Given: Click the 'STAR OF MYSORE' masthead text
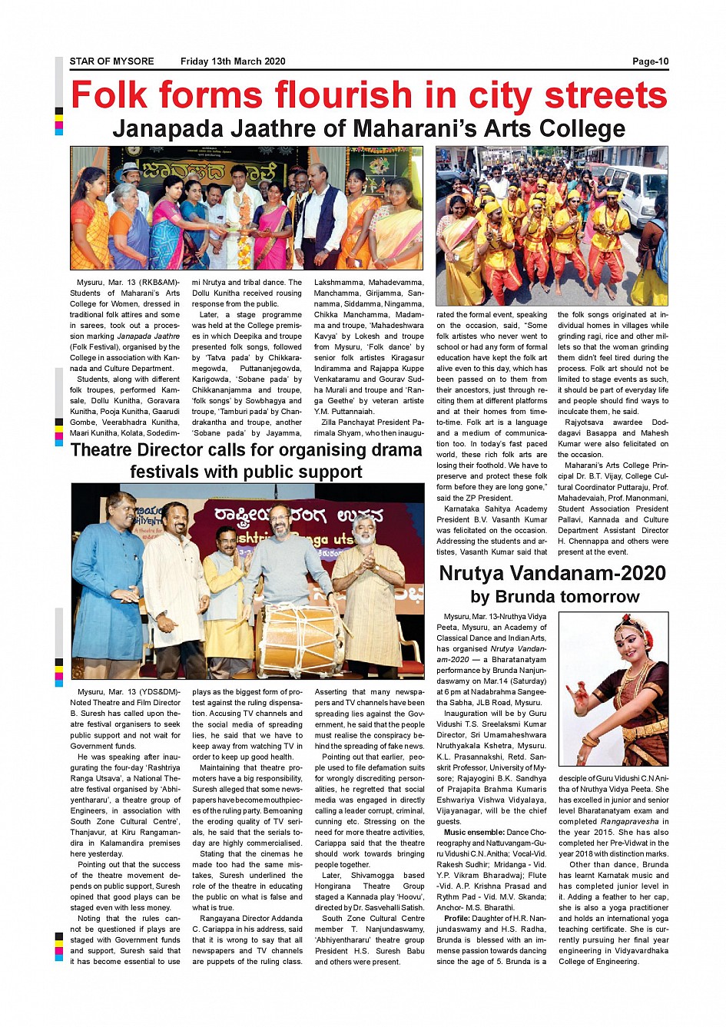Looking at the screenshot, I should [x=111, y=61].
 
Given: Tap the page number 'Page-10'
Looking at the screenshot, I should [x=650, y=61].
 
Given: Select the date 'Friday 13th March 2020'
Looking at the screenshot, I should [x=233, y=61].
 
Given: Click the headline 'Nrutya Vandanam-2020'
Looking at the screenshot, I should [x=552, y=573].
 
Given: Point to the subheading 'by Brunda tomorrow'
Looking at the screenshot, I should [x=555, y=597].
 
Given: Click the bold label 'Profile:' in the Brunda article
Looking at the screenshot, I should [x=457, y=919].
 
